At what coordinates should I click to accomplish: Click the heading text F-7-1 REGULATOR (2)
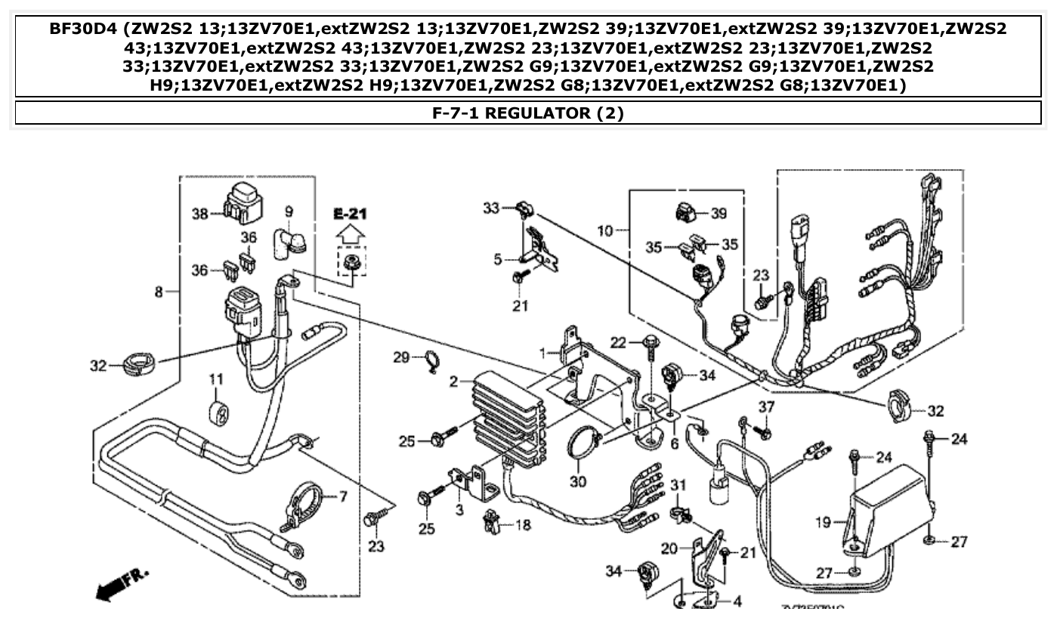click(x=528, y=113)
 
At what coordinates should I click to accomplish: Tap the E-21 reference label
click(x=350, y=214)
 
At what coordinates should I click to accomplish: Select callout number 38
click(x=199, y=214)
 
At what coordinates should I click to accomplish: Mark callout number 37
click(x=766, y=408)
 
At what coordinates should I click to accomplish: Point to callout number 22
click(x=619, y=343)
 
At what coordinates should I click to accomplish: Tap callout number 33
click(x=491, y=207)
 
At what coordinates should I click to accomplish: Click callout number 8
click(x=159, y=292)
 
